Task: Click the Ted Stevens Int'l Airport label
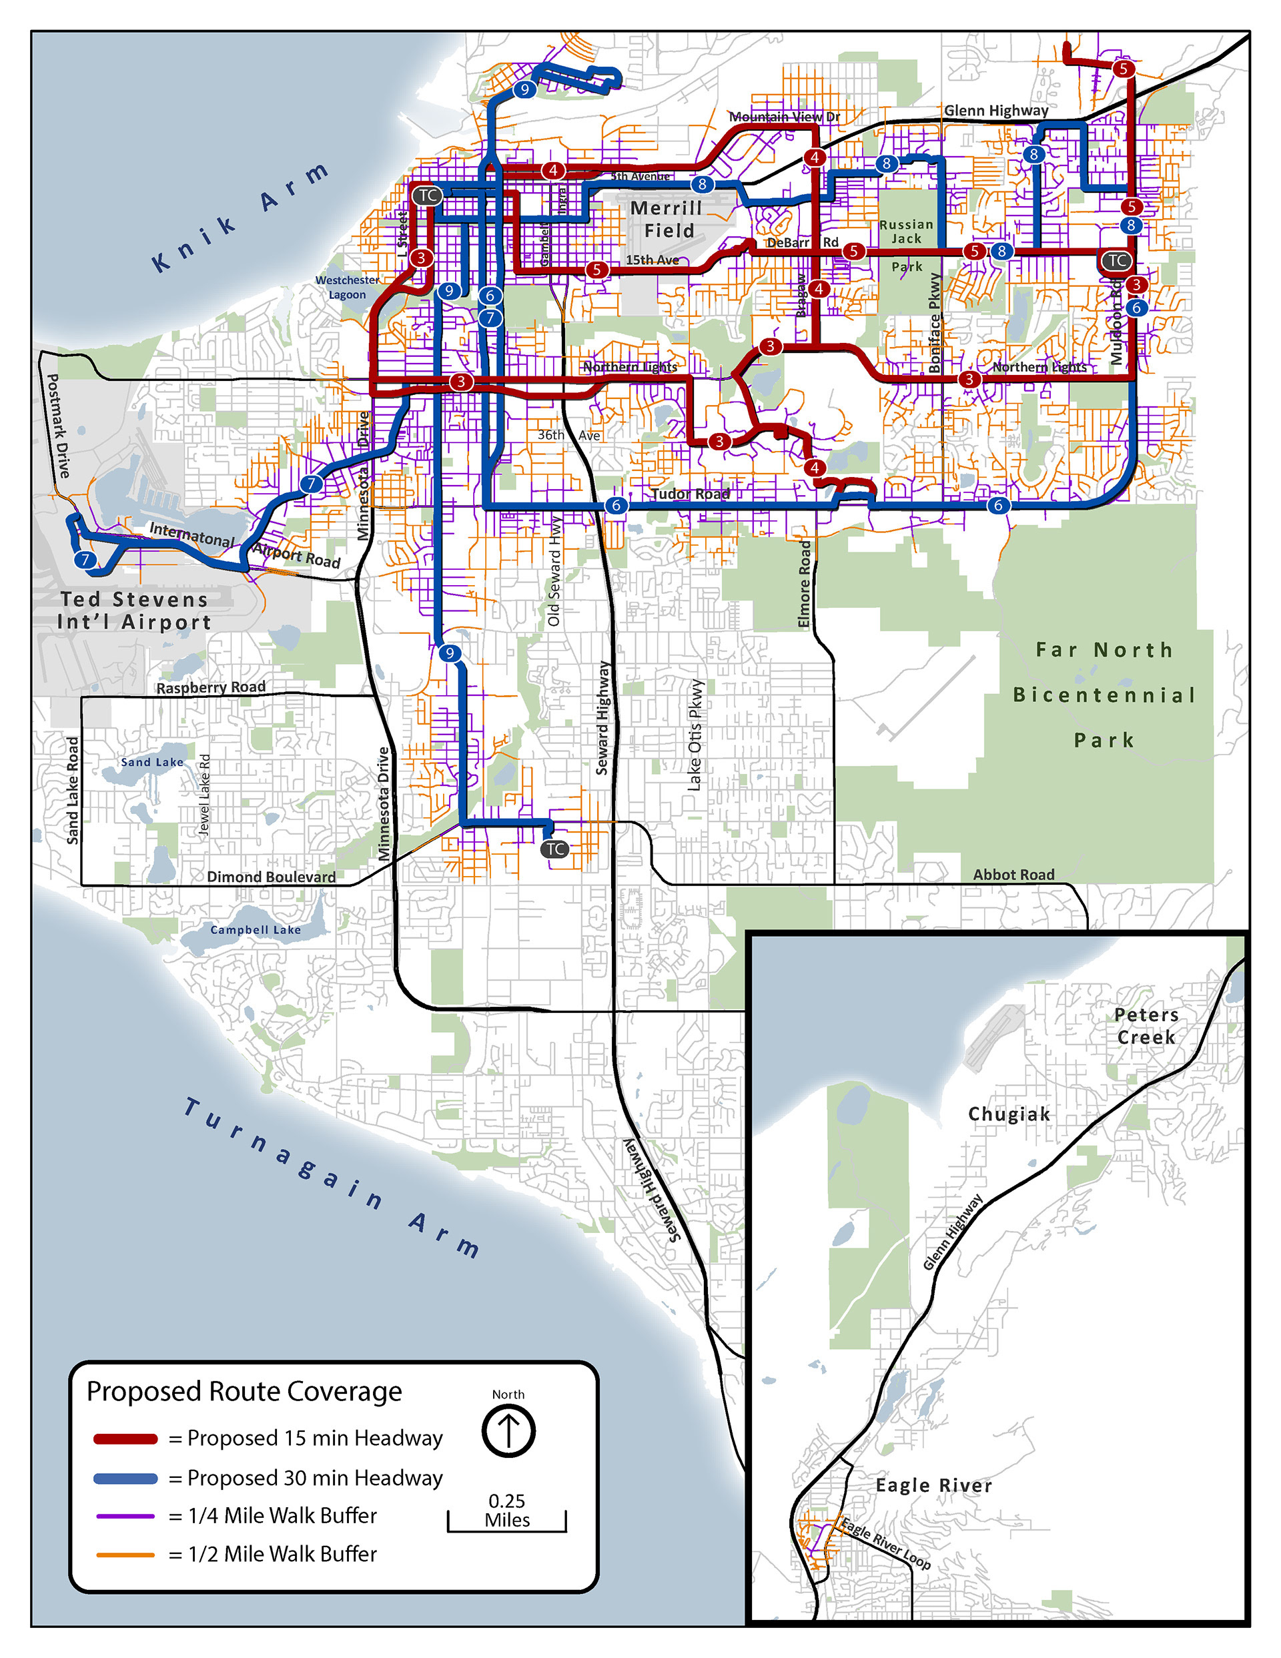[x=134, y=610]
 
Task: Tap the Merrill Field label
[x=667, y=219]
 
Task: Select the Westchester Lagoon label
[x=347, y=287]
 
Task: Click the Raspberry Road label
[x=210, y=687]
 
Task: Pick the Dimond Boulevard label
[x=271, y=877]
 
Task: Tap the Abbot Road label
[x=1013, y=875]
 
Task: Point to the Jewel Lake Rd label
[x=203, y=795]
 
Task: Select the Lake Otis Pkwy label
[x=695, y=735]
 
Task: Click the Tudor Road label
[x=691, y=494]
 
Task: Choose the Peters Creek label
[x=1146, y=1025]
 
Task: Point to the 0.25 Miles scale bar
[x=506, y=1521]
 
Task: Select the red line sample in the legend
[x=125, y=1438]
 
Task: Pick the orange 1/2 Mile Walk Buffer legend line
[x=125, y=1555]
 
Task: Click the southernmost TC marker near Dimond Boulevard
[x=555, y=849]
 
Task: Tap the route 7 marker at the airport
[x=85, y=560]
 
